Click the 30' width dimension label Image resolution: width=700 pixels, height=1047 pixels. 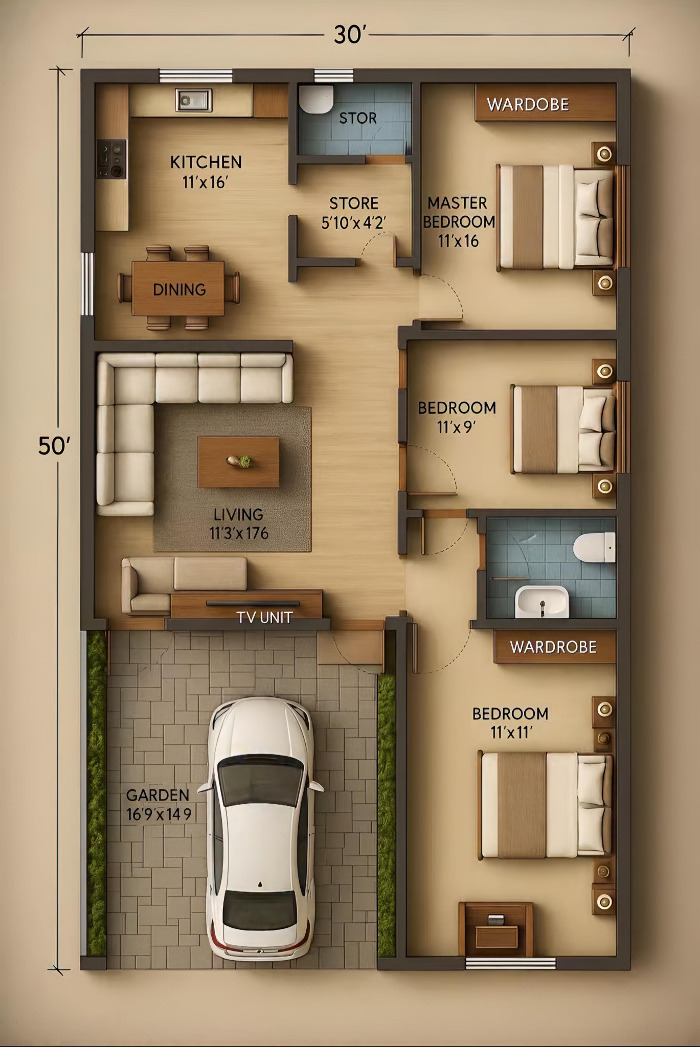tap(351, 35)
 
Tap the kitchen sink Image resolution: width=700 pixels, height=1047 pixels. tap(193, 100)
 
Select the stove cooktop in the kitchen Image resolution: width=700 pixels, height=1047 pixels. tap(111, 159)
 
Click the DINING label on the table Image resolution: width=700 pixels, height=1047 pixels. tap(179, 290)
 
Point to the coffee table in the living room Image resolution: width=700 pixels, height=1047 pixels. tap(238, 462)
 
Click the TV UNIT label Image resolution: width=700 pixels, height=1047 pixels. tap(264, 618)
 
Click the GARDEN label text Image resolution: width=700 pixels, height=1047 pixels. tap(157, 795)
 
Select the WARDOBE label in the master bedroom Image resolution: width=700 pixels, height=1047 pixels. tap(528, 105)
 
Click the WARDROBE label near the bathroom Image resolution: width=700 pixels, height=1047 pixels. tap(553, 647)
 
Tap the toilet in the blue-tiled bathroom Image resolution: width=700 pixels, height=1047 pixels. tap(594, 547)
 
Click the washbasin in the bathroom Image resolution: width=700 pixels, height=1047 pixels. tap(542, 602)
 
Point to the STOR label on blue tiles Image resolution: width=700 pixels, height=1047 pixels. tap(358, 118)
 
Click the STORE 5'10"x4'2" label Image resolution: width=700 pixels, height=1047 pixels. tap(354, 213)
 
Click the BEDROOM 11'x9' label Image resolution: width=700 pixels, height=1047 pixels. tap(457, 417)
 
